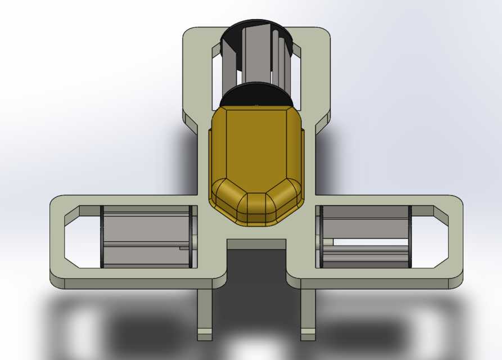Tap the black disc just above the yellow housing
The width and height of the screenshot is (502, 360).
click(256, 94)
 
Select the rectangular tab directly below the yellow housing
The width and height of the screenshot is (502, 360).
click(256, 244)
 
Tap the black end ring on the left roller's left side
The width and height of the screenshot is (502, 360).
click(102, 236)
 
